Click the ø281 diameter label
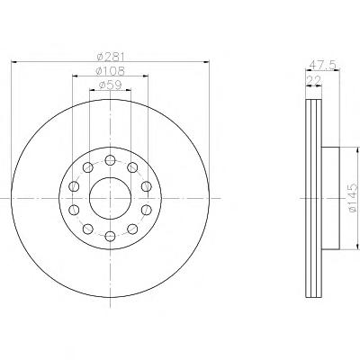[x=111, y=56]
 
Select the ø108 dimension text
[x=110, y=71]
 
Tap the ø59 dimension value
[x=111, y=85]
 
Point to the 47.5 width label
[x=323, y=65]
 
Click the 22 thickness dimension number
[x=314, y=80]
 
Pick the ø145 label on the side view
[x=354, y=198]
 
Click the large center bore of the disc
[x=110, y=198]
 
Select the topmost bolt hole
[x=111, y=160]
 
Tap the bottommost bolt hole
[x=111, y=237]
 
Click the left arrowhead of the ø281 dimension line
[x=13, y=62]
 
